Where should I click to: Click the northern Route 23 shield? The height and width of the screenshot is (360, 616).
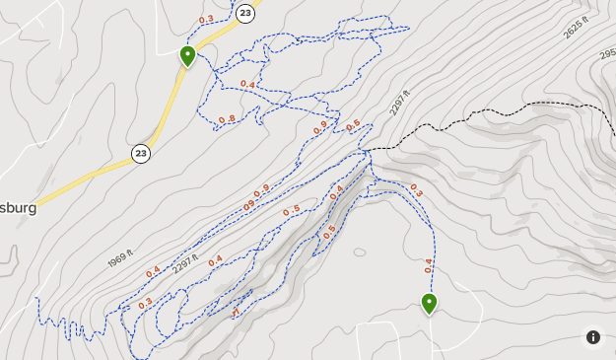(x=245, y=13)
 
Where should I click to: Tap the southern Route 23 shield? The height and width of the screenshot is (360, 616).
(x=141, y=153)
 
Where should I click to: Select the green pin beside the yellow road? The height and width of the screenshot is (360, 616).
(x=187, y=55)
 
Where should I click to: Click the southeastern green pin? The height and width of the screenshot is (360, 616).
(x=429, y=303)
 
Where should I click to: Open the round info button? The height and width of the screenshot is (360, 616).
(x=593, y=337)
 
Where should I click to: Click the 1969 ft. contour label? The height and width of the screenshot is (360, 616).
(x=119, y=258)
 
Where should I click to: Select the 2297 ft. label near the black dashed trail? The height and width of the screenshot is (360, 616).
(x=399, y=103)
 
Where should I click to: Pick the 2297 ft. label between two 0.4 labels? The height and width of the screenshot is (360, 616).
(x=186, y=267)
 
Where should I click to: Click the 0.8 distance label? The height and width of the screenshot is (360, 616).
(x=227, y=119)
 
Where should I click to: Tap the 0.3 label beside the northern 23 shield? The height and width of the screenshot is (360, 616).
(x=207, y=19)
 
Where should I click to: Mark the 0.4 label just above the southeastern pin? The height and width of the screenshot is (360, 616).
(x=429, y=264)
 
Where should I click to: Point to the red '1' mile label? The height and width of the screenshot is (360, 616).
(x=236, y=312)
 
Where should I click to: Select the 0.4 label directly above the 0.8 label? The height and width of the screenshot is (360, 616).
(x=247, y=85)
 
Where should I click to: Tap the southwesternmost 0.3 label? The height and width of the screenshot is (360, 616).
(x=146, y=303)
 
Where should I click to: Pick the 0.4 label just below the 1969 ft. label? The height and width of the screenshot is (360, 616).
(x=153, y=271)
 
